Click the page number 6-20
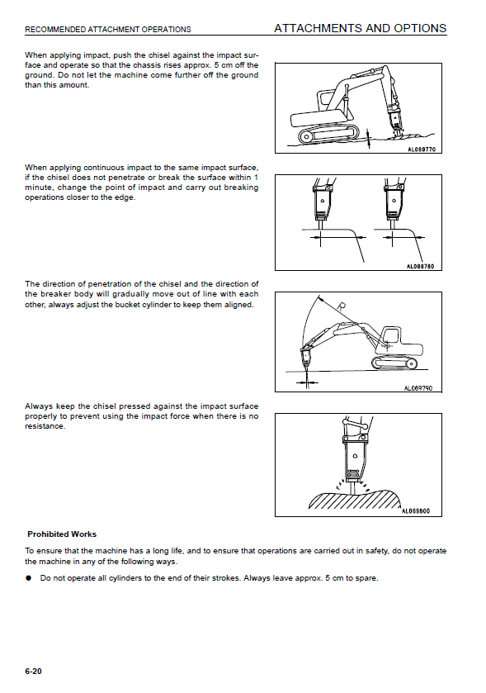(x=33, y=671)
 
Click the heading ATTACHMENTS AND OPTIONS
(x=361, y=28)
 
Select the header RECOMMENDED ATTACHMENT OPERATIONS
(x=108, y=30)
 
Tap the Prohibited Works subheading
(x=62, y=534)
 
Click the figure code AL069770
(x=422, y=150)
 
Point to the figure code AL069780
(x=420, y=267)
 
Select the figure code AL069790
(x=418, y=388)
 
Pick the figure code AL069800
(x=415, y=511)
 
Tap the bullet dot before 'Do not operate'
(x=29, y=578)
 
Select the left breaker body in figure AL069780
(x=322, y=203)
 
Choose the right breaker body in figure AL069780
(x=393, y=203)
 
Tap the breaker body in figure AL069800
(x=355, y=458)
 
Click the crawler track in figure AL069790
(x=394, y=363)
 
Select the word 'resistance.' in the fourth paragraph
(x=45, y=426)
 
